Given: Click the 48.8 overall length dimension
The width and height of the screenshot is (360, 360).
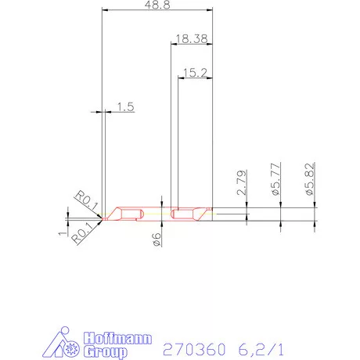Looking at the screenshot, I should point(158,6).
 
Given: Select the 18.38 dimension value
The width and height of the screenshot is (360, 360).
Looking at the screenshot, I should point(191,38).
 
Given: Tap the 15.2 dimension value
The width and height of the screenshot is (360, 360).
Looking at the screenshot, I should point(194,73).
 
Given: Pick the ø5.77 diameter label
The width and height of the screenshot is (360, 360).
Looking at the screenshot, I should point(275,179).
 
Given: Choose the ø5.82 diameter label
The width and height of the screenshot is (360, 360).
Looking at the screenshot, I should point(309,179).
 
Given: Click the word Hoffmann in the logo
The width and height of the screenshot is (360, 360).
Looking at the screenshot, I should point(99,340).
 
